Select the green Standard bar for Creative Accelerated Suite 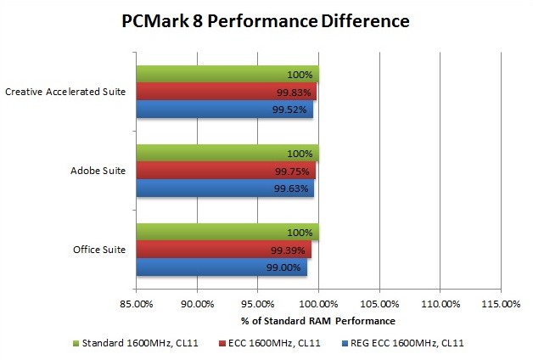pos(227,74)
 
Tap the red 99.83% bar pos(226,92)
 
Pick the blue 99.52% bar pos(225,110)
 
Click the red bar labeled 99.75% pos(226,171)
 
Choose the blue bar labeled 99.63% pos(225,188)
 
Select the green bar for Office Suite pos(227,232)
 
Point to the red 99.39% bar pos(224,250)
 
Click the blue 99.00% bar pos(222,267)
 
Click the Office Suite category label pos(100,250)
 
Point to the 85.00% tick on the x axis pos(137,303)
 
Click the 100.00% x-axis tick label pos(318,303)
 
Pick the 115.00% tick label pos(500,303)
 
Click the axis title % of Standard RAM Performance pos(318,320)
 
